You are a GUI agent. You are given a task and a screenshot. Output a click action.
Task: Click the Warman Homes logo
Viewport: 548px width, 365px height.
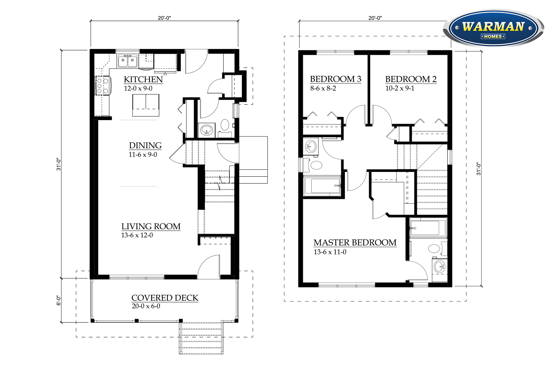click(x=494, y=28)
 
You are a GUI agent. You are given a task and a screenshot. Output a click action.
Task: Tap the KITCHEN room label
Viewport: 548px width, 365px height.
click(x=143, y=80)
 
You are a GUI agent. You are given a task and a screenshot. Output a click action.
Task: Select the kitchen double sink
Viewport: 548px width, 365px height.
click(x=128, y=61)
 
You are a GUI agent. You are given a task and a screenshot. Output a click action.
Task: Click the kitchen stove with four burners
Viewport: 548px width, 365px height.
click(x=103, y=85)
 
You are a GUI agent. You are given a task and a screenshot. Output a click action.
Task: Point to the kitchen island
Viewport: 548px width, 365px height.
click(x=145, y=105)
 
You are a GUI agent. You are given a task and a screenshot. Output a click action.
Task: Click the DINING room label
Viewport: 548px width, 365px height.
click(x=145, y=146)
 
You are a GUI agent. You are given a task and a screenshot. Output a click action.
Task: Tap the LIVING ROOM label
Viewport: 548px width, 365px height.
click(x=151, y=226)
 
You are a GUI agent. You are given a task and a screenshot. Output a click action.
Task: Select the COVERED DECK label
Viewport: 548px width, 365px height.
click(x=165, y=298)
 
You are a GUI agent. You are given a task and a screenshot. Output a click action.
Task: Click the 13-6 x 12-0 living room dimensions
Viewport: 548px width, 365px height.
click(x=137, y=235)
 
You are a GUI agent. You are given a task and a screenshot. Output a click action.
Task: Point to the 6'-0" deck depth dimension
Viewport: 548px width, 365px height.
click(x=58, y=300)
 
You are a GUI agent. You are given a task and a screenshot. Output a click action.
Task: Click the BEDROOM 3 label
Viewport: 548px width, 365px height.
click(x=335, y=79)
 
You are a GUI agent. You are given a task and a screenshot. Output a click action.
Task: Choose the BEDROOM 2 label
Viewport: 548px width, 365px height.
click(x=411, y=79)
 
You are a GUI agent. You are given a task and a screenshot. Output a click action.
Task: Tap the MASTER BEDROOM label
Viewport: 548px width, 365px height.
click(x=355, y=242)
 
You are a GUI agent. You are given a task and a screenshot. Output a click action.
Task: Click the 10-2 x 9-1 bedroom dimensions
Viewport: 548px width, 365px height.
click(x=400, y=88)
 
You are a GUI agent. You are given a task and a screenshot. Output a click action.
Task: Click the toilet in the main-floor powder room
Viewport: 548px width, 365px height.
click(x=225, y=125)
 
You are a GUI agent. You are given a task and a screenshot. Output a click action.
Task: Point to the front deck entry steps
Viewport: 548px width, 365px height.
click(x=201, y=338)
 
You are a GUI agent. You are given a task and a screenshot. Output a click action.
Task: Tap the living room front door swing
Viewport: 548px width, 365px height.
click(x=209, y=267)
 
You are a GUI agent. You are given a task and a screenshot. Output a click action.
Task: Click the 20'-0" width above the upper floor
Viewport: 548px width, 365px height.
click(x=375, y=18)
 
